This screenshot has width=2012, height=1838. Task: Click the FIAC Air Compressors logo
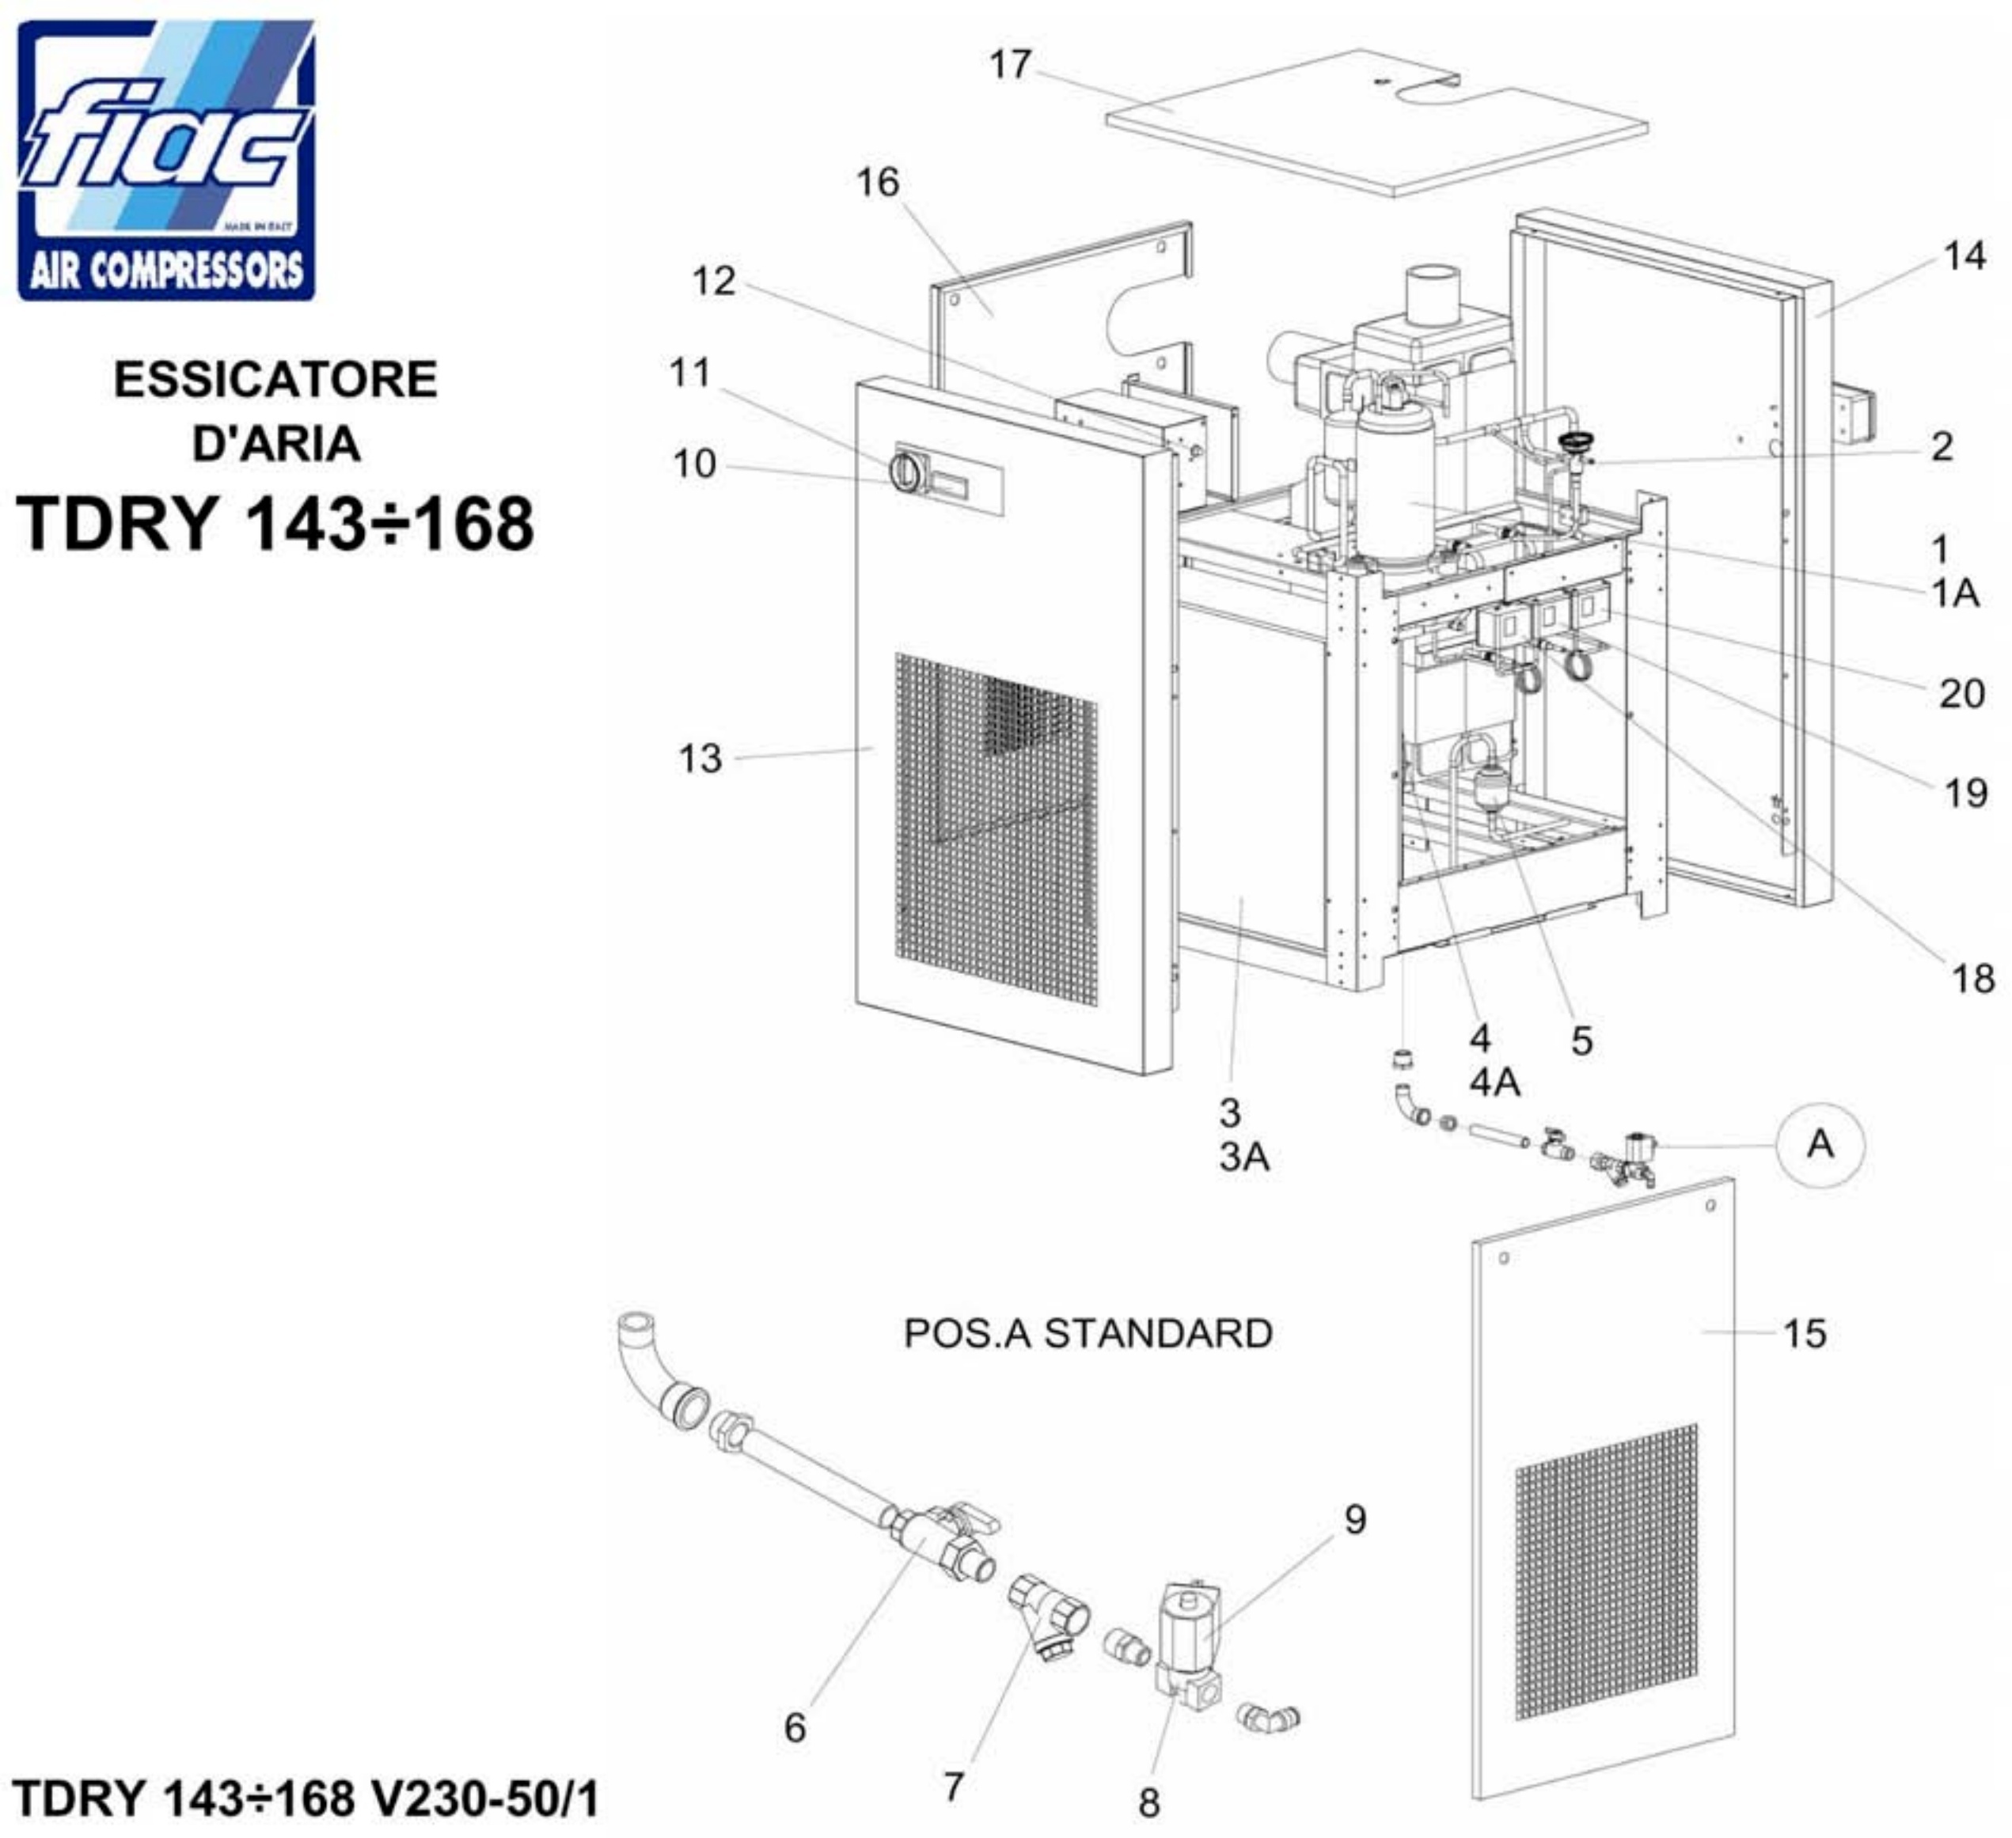[167, 160]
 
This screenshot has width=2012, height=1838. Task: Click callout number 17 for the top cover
[1010, 65]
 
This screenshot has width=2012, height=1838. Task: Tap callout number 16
[877, 183]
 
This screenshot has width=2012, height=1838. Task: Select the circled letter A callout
[1820, 1143]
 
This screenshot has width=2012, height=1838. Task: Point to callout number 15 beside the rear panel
[1805, 1334]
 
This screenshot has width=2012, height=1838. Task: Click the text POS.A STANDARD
[1088, 1334]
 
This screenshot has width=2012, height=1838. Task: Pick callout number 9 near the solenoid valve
[1354, 1518]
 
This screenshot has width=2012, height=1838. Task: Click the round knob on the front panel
[903, 472]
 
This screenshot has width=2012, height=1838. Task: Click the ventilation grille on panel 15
[1607, 1571]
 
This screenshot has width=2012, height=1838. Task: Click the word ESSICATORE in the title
[275, 380]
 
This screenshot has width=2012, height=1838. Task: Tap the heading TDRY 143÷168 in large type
[275, 524]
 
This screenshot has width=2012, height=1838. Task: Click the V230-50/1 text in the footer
[485, 1798]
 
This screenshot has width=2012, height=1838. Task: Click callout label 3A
[1243, 1158]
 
